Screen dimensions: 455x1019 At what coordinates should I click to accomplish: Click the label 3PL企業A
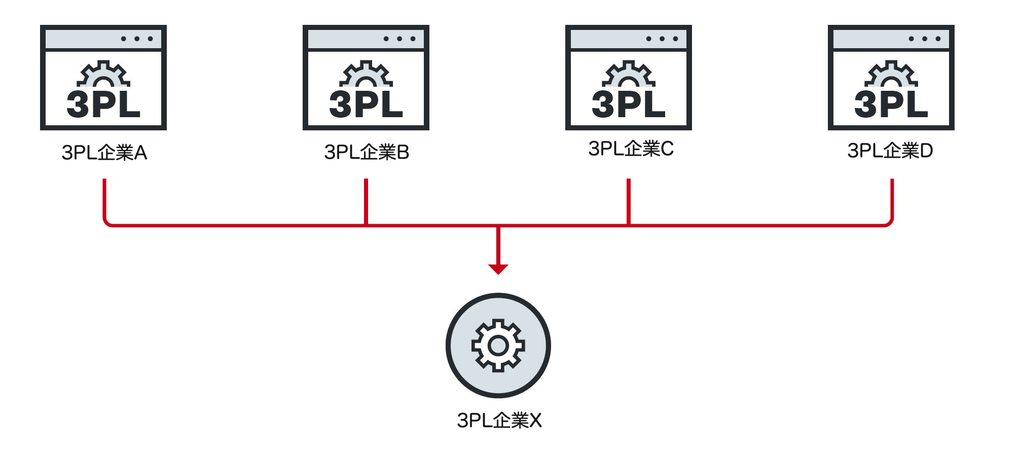[104, 152]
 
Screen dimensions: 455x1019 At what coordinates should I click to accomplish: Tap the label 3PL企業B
[367, 152]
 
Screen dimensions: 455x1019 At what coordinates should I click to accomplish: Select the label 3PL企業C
[631, 149]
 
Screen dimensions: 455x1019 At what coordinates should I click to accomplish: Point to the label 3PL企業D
[890, 151]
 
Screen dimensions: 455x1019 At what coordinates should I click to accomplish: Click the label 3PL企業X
[499, 421]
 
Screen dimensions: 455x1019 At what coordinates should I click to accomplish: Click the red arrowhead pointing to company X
[498, 269]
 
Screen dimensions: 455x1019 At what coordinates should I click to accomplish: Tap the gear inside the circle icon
[498, 345]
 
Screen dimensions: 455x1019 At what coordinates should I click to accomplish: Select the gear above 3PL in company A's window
[103, 74]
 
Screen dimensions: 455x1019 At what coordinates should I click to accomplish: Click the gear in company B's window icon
[366, 74]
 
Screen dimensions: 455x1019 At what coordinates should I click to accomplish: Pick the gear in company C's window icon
[629, 74]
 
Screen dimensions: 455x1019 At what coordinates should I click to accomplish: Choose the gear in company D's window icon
[891, 74]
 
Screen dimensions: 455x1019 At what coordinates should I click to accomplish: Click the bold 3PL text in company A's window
[103, 104]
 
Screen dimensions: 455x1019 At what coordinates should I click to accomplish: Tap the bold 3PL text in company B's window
[366, 104]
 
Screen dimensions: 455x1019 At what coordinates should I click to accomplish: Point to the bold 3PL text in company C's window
[629, 104]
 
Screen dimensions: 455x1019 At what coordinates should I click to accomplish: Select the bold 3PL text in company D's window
[891, 104]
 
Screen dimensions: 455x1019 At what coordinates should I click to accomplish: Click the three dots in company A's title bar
[137, 39]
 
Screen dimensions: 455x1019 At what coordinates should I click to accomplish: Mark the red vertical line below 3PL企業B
[366, 201]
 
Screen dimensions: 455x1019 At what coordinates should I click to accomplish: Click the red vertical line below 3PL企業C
[629, 201]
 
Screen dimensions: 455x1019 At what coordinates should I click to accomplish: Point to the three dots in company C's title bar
[662, 39]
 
